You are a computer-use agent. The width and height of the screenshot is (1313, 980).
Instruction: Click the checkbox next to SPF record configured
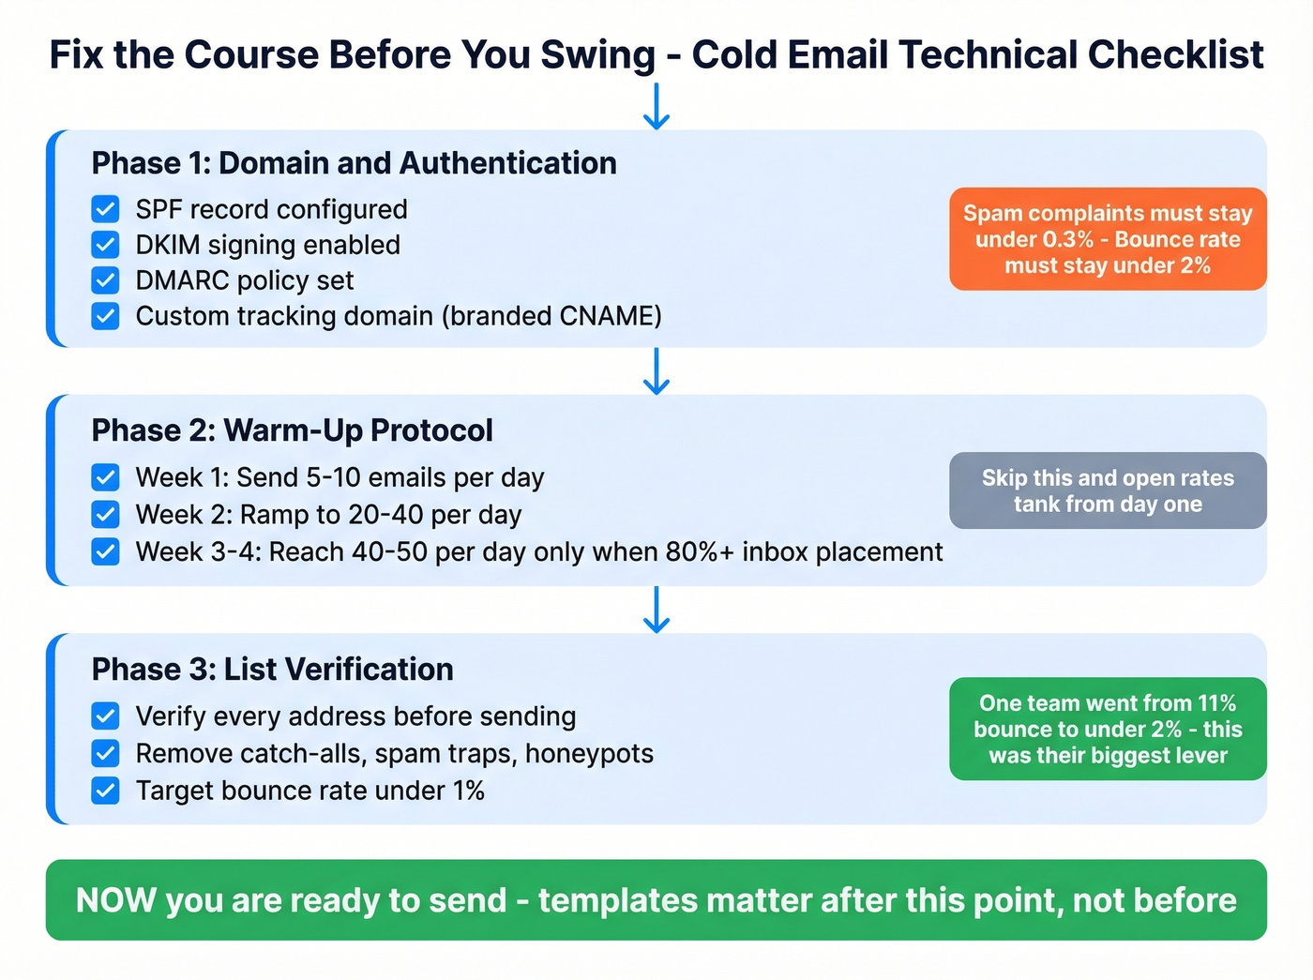coord(106,209)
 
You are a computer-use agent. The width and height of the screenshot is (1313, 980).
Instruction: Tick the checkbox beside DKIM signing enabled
coord(106,245)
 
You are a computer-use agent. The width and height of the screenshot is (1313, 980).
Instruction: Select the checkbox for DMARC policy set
coord(106,280)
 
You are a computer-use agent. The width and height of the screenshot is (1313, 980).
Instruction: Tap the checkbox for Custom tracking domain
coord(106,316)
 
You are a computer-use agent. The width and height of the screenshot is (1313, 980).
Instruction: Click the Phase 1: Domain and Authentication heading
coord(354,163)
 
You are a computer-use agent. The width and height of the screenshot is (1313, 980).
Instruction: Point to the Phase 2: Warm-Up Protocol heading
coord(292,430)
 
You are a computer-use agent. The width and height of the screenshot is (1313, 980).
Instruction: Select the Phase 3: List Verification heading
coord(272,670)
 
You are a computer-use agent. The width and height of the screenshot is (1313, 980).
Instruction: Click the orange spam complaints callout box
coord(1108,239)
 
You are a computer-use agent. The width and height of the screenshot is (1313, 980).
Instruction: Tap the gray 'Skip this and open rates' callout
coord(1108,490)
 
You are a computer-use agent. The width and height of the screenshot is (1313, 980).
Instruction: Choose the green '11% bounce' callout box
coord(1108,729)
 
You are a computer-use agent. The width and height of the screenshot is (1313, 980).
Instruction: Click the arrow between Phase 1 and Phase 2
coord(656,371)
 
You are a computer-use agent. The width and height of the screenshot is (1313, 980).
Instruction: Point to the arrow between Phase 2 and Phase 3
coord(656,610)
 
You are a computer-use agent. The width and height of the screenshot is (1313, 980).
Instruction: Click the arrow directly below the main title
coord(656,106)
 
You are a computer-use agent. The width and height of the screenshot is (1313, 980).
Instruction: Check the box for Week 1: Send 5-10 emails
coord(106,477)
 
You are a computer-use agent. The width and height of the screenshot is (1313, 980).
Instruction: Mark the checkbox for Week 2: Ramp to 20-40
coord(106,514)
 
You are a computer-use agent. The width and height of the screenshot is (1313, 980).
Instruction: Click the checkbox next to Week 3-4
coord(106,551)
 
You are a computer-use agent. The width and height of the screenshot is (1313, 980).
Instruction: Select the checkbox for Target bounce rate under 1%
coord(106,791)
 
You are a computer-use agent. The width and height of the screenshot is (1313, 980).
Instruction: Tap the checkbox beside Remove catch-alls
coord(106,753)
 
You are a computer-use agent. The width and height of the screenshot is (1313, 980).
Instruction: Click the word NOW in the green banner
coord(115,900)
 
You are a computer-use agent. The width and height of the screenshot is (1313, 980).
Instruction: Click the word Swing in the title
coord(597,55)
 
